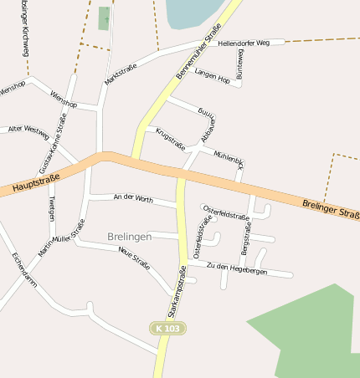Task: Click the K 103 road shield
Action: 167,329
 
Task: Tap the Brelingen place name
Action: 130,238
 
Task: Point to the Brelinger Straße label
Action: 331,207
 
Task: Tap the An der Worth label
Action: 133,199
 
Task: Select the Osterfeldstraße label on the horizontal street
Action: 226,215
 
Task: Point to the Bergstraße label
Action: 245,238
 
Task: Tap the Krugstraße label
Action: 170,139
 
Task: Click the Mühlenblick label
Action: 229,161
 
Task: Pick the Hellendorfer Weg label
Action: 244,42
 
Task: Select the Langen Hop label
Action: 212,75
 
